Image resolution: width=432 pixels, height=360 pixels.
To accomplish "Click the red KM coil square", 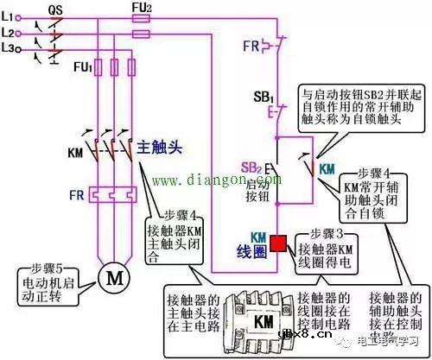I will pos(279,243).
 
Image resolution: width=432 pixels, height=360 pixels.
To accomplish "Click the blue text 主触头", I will pos(160,148).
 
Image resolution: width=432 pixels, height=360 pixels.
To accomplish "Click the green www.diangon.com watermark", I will pos(205,180).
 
